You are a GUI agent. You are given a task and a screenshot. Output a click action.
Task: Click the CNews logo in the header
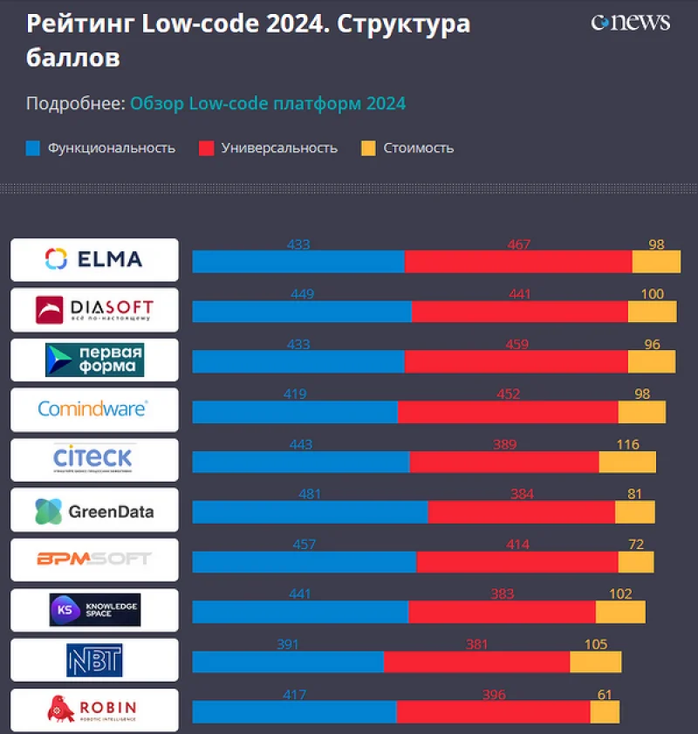(630, 23)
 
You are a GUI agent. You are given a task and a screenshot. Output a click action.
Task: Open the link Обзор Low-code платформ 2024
(268, 104)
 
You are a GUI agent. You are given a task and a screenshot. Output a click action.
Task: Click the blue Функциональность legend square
(32, 148)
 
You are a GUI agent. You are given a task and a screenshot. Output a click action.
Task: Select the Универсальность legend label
(279, 148)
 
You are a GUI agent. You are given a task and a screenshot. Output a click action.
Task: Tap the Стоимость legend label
(418, 148)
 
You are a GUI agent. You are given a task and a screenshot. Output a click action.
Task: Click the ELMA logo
(94, 259)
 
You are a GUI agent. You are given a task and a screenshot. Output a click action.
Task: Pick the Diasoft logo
(94, 310)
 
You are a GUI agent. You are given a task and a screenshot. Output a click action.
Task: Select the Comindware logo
(94, 409)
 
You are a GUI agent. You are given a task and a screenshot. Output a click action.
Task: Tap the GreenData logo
(94, 511)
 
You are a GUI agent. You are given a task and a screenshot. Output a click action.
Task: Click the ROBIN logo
(94, 710)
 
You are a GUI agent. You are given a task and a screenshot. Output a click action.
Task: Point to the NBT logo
(94, 661)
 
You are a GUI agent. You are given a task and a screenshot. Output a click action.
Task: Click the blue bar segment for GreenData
(310, 512)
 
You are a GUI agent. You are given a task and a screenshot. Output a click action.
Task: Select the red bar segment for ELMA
(518, 262)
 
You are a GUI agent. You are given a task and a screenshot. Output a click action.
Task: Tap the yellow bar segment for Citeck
(627, 463)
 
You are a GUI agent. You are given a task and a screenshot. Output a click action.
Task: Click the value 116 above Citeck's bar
(627, 445)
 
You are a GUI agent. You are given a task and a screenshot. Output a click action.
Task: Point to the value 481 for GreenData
(310, 495)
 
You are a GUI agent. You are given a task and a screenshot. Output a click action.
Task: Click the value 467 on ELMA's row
(518, 245)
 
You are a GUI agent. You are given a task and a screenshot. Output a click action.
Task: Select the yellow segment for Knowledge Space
(620, 613)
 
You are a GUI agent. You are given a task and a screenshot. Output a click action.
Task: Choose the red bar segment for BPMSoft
(517, 562)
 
